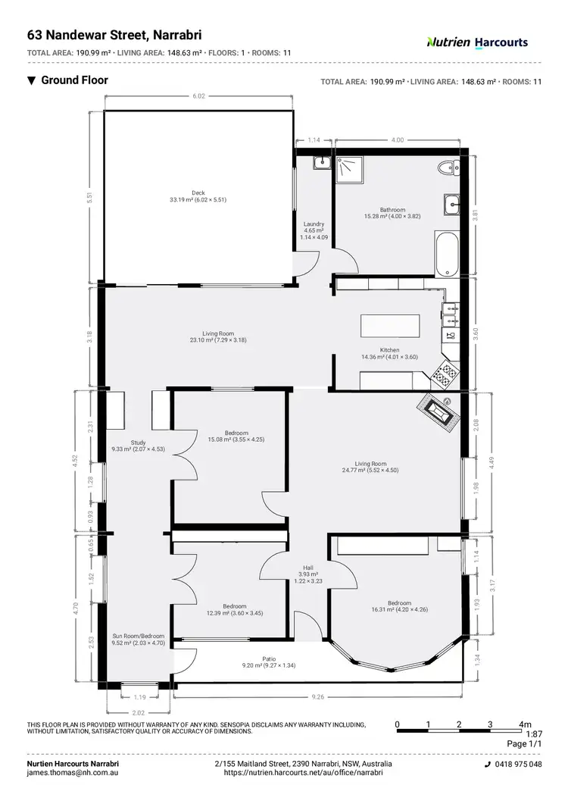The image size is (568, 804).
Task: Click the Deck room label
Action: click(x=198, y=196)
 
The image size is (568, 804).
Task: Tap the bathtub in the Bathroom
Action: click(x=447, y=253)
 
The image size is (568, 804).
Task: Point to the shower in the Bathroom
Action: click(x=351, y=170)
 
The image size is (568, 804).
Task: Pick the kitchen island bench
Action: click(x=392, y=326)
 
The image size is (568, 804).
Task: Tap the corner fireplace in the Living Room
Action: click(x=438, y=413)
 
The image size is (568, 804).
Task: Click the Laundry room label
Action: click(x=314, y=230)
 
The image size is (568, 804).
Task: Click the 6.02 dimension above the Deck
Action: click(x=198, y=96)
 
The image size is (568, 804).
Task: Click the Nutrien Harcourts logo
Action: click(x=477, y=42)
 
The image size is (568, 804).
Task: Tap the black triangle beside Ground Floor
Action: click(x=31, y=80)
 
